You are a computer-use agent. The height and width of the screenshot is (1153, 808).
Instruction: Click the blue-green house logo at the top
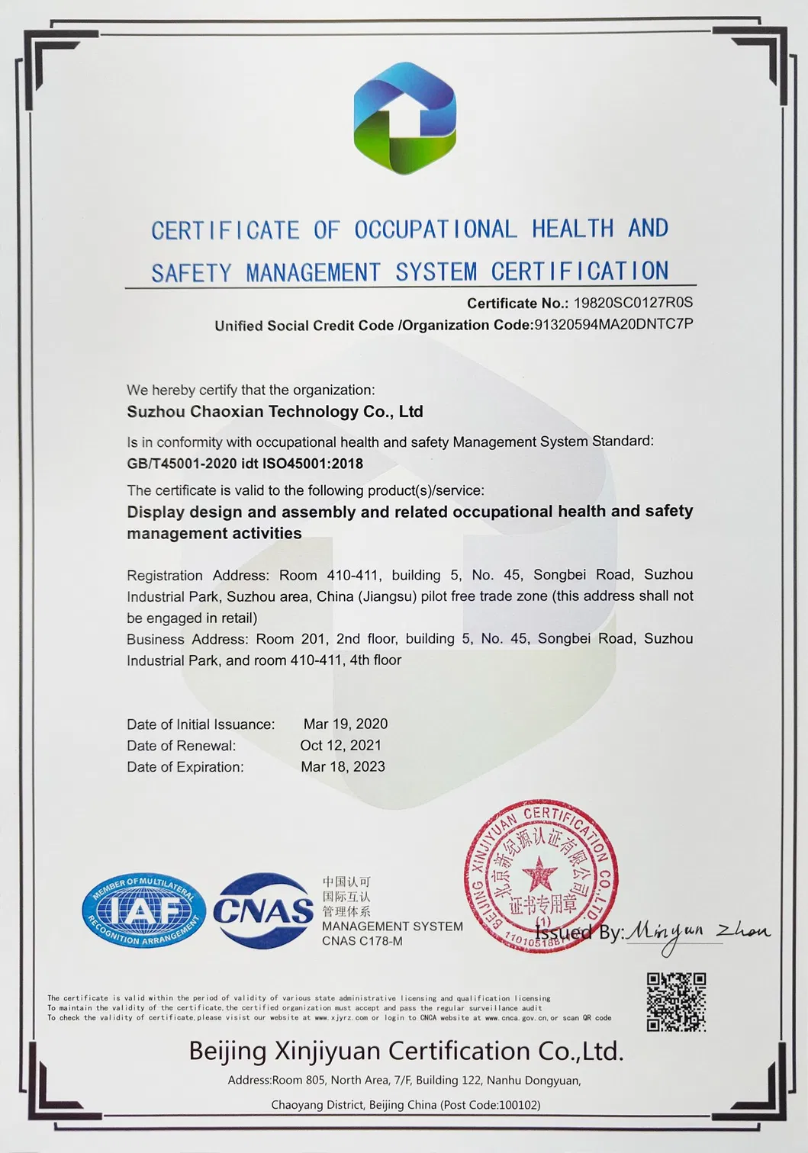point(404,118)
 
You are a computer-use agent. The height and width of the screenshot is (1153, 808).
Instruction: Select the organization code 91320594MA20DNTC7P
point(613,324)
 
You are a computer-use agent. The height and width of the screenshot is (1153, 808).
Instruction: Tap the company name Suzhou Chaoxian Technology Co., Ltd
point(275,412)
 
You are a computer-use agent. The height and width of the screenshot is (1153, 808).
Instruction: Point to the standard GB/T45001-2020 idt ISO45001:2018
point(245,464)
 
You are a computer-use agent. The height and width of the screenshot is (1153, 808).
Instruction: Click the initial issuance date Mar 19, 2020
point(346,724)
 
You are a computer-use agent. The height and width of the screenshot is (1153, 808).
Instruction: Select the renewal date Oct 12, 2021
point(340,745)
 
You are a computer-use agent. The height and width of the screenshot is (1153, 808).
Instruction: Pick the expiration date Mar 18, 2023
point(343,766)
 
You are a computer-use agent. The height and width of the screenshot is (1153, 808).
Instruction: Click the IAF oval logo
point(143,911)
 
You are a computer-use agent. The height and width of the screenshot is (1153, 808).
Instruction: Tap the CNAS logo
point(263,911)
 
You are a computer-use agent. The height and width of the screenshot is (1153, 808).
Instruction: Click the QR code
point(676,1001)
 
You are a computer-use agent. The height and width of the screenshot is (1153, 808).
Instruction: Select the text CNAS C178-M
point(362,941)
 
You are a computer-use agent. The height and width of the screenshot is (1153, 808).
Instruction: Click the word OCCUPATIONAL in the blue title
point(435,229)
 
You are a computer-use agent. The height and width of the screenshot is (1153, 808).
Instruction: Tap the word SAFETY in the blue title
point(191,273)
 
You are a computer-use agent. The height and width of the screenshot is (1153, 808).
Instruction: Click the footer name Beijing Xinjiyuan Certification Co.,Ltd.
point(406,1051)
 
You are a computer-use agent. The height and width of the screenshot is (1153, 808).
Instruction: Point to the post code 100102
point(519,1104)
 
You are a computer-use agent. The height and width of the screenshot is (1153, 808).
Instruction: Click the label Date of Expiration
point(185,767)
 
